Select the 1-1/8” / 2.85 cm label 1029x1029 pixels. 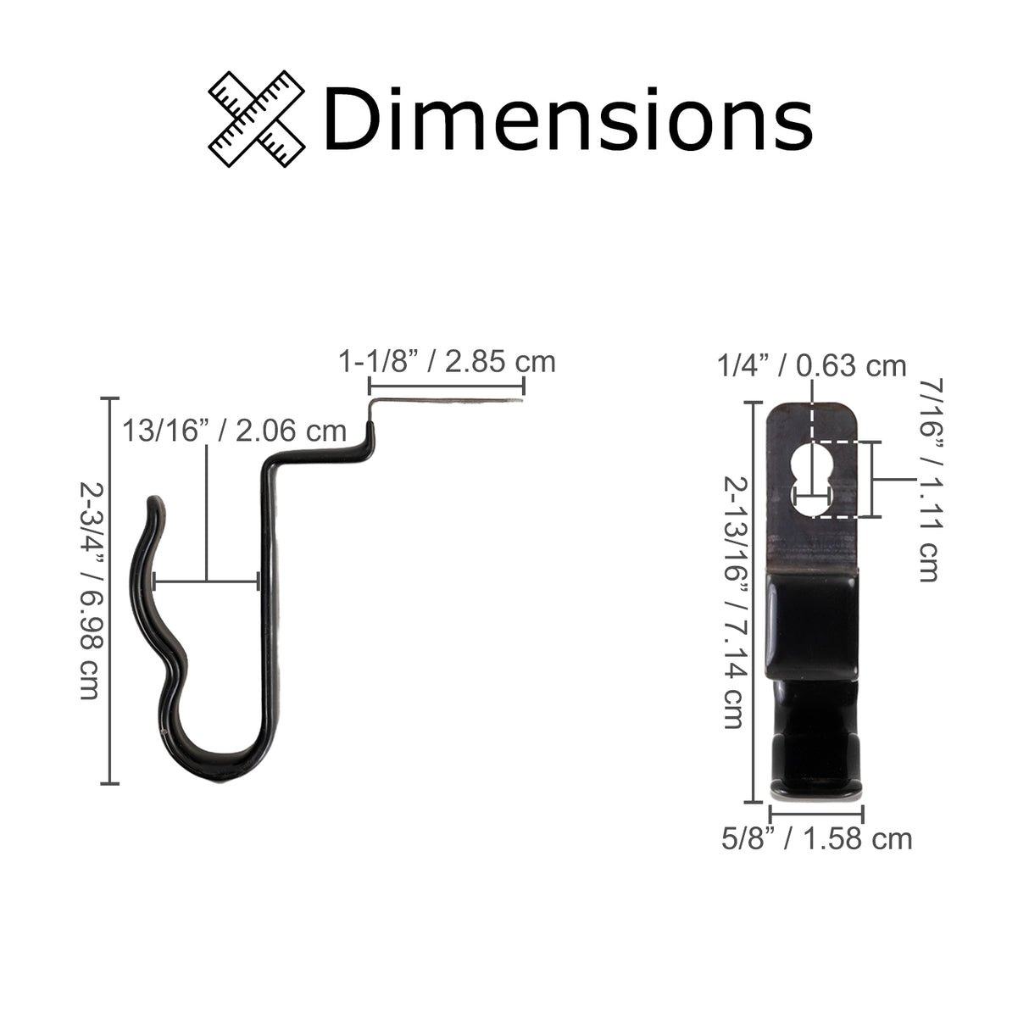click(447, 362)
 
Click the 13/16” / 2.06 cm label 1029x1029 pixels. click(234, 431)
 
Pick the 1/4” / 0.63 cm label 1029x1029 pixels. click(811, 366)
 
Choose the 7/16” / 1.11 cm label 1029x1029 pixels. click(927, 479)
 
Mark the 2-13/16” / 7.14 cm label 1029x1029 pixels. click(733, 602)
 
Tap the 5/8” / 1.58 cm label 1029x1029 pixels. click(816, 839)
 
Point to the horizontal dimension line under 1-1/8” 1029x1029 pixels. click(447, 386)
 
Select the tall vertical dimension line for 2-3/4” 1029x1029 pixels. click(109, 591)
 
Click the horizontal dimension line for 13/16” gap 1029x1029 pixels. click(206, 581)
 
